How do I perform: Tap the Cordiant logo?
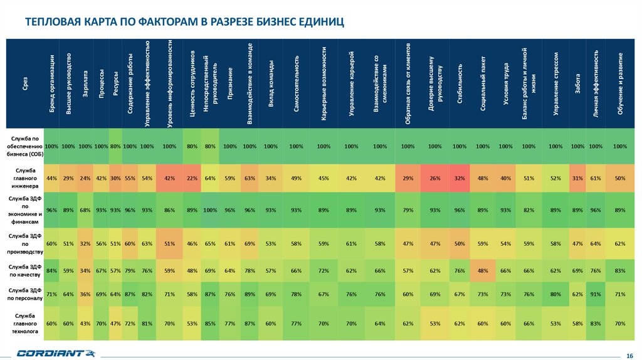coord(50,354)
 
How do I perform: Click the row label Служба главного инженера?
coord(25,178)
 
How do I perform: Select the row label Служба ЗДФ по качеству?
coord(25,271)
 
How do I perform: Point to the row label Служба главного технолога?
coord(25,324)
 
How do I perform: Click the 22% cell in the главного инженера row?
coord(192,178)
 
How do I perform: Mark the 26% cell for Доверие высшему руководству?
coord(434,178)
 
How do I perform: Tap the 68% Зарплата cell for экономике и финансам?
coord(85,209)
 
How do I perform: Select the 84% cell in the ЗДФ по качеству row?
coord(52,271)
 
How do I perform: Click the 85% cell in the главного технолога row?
coord(210,324)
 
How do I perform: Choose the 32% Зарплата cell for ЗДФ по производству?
coord(85,242)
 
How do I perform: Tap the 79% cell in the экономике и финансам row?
coord(408,209)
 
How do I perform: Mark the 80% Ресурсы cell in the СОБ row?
coord(115,146)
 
